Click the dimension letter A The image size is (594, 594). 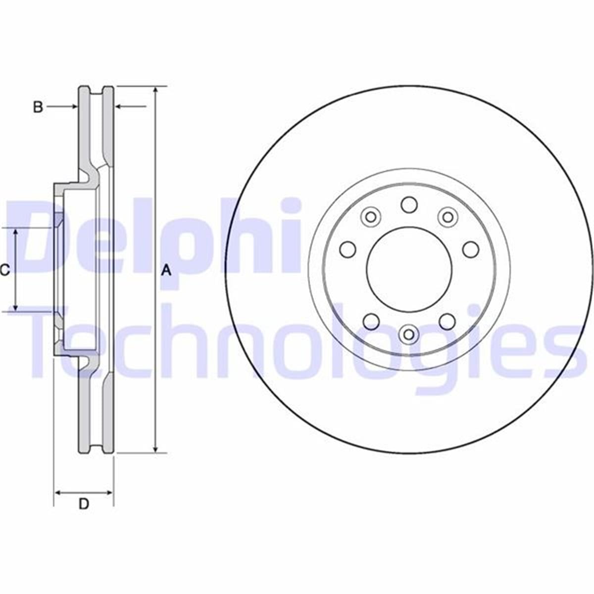point(167,270)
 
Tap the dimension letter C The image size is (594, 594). point(4,270)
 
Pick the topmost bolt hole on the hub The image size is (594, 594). point(409,204)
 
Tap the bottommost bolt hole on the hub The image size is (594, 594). point(409,334)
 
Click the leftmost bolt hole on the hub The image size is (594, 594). point(348,249)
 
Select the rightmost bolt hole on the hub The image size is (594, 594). point(470,249)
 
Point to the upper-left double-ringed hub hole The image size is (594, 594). point(370,216)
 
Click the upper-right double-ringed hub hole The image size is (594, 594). point(447,216)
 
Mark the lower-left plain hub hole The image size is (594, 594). point(371,322)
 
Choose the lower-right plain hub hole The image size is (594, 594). point(447,322)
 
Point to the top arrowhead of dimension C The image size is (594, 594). point(16,232)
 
